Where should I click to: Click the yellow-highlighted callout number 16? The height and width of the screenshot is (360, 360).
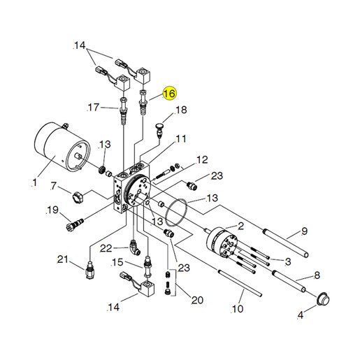coord(170,94)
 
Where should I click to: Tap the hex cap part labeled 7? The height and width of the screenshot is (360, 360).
coord(78,198)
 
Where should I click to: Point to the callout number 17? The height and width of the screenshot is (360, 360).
coord(94,108)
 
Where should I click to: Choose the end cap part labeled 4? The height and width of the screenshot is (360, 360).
coord(324,299)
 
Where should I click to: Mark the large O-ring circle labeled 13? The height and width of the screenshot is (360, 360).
coord(176,213)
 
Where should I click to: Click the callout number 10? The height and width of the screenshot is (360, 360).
coord(238,309)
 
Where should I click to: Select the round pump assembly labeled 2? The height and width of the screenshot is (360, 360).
coord(222,243)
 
